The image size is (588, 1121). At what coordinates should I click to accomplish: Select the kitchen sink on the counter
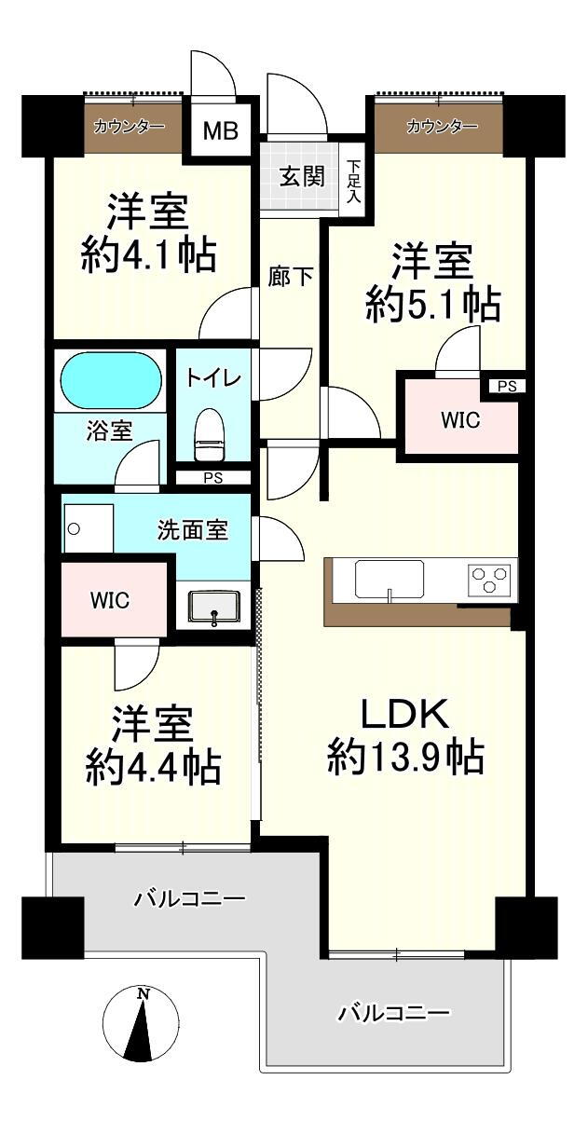click(389, 580)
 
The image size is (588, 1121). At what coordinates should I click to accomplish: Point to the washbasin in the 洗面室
click(214, 607)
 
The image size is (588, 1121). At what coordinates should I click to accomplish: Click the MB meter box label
click(221, 130)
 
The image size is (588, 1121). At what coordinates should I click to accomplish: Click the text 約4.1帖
click(148, 253)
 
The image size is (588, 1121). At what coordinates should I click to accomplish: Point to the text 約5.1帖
click(432, 303)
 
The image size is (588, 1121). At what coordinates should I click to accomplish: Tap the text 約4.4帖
click(153, 767)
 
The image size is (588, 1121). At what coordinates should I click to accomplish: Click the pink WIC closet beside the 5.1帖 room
click(459, 420)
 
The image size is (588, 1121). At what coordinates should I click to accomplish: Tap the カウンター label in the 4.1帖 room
click(130, 127)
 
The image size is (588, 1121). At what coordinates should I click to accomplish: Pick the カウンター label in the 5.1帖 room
click(441, 127)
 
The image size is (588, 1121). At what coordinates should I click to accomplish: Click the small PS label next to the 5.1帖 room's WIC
click(505, 386)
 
